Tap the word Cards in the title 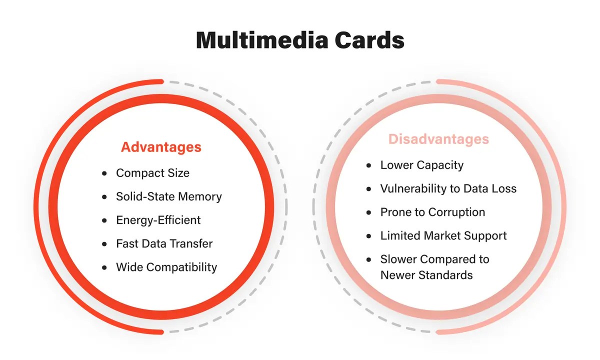[x=370, y=40]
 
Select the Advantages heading [x=161, y=147]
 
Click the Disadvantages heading [x=438, y=139]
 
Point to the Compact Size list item [x=152, y=173]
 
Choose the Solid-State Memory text [x=168, y=196]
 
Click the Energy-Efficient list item [x=158, y=220]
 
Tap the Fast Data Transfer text [x=164, y=243]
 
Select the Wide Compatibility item [x=166, y=267]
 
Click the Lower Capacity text [x=421, y=165]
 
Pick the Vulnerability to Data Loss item [x=448, y=188]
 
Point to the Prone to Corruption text [x=432, y=212]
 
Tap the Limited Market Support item [x=443, y=235]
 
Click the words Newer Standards [x=426, y=275]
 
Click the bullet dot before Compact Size [x=104, y=173]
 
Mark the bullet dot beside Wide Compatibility [x=104, y=267]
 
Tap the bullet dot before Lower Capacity [x=369, y=165]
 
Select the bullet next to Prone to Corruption [x=369, y=212]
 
